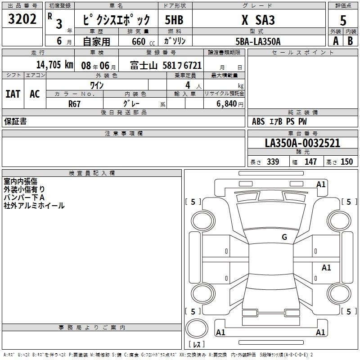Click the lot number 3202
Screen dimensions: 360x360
(x=22, y=19)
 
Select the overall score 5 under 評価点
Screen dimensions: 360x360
(x=343, y=20)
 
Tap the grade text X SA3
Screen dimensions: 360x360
(x=258, y=20)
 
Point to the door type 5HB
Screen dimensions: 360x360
(x=174, y=20)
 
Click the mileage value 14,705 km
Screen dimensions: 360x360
(x=55, y=65)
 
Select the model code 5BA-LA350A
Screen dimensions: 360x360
(x=258, y=41)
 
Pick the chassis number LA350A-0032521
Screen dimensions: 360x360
(x=302, y=143)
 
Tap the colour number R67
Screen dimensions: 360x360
(x=74, y=104)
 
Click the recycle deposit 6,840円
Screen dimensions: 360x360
(x=230, y=104)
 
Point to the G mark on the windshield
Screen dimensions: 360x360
(x=284, y=237)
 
